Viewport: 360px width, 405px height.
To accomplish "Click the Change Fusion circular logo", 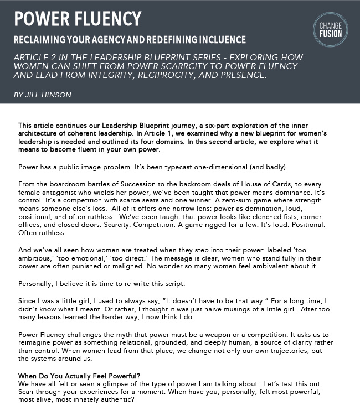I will [x=331, y=30].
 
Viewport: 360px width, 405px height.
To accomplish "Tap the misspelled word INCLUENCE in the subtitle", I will [x=218, y=40].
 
